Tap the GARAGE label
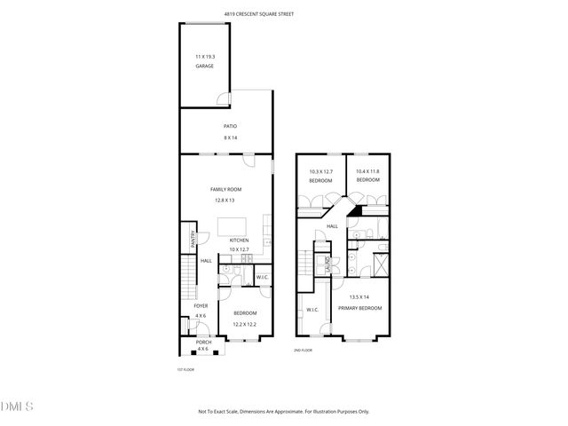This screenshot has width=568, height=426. (x=205, y=66)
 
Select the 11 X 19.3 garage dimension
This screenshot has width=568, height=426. (x=205, y=57)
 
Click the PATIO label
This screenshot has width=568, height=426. (x=230, y=126)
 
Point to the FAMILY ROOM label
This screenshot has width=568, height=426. (x=225, y=189)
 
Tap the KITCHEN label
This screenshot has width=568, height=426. (x=240, y=240)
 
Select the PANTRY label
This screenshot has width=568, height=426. (x=193, y=239)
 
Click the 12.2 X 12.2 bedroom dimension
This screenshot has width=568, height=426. (x=245, y=324)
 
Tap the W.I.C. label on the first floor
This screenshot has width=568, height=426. (x=262, y=278)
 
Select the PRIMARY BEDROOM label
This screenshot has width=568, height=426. (x=359, y=307)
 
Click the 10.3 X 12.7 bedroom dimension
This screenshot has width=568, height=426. (x=320, y=171)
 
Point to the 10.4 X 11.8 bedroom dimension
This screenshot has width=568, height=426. (x=367, y=171)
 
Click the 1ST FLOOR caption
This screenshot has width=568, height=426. (x=185, y=368)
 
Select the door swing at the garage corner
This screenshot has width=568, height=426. (x=225, y=99)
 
